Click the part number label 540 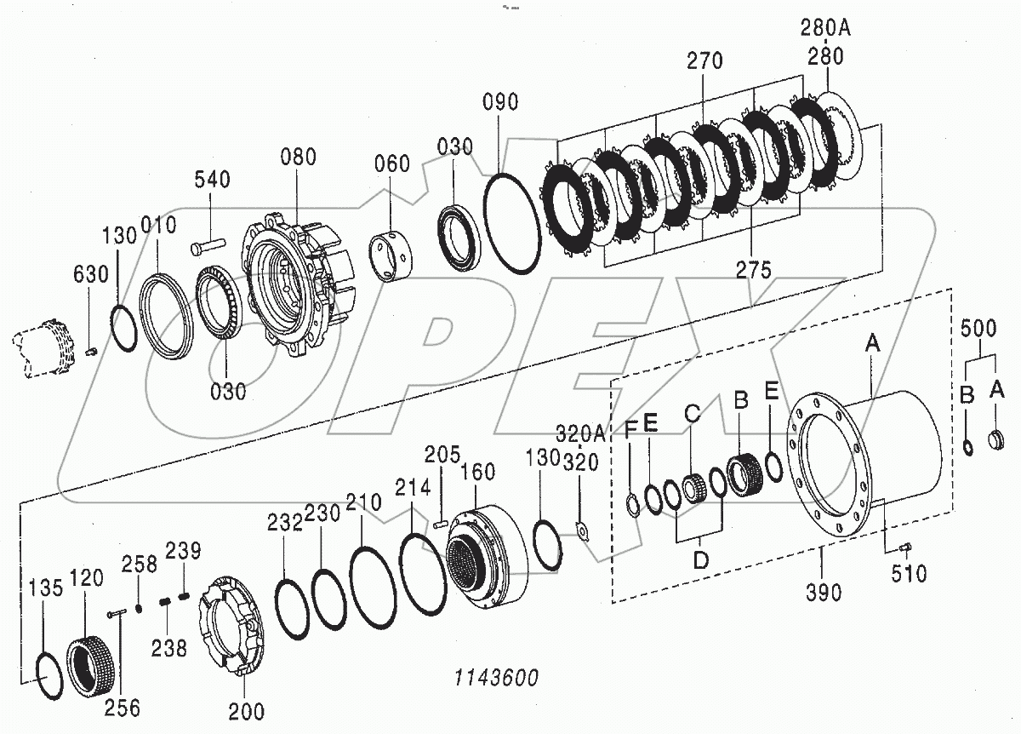click(211, 180)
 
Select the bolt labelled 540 click(207, 245)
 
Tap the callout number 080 click(297, 157)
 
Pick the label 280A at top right click(824, 28)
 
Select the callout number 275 click(754, 270)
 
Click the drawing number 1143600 click(497, 679)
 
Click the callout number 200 click(247, 711)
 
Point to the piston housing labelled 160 click(489, 553)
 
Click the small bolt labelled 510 click(905, 547)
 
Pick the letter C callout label click(693, 414)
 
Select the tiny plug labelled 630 click(93, 350)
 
